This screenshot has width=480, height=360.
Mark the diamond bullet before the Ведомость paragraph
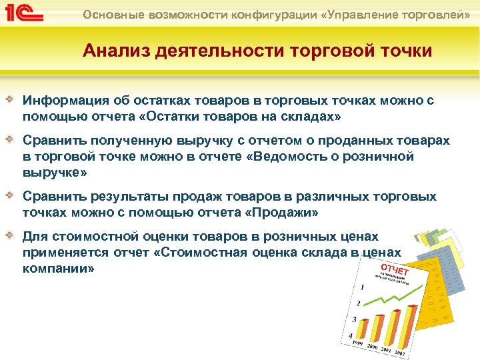pyautogui.click(x=12, y=141)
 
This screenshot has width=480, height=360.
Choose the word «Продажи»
pyautogui.click(x=283, y=213)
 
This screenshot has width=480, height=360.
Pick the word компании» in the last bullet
pyautogui.click(x=59, y=269)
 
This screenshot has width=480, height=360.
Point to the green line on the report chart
pyautogui.click(x=387, y=299)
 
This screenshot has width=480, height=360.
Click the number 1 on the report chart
pyautogui.click(x=362, y=287)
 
